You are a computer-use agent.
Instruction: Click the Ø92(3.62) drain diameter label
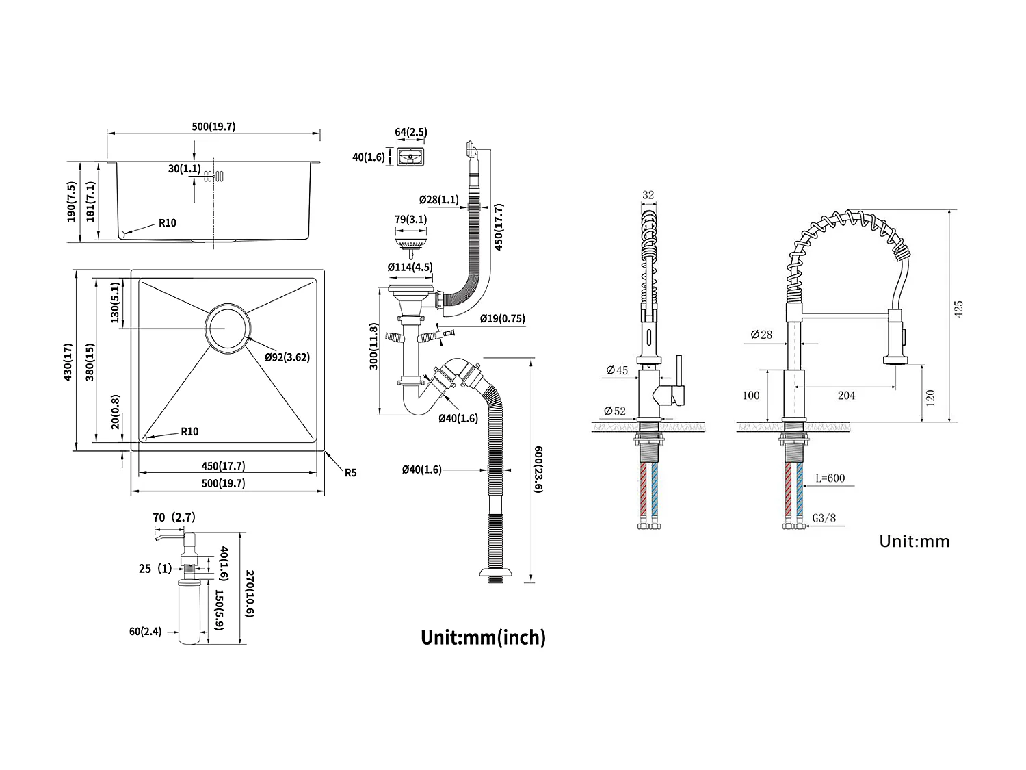pyautogui.click(x=287, y=357)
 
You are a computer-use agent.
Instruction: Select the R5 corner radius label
pyautogui.click(x=350, y=472)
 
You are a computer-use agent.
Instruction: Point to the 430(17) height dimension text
pyautogui.click(x=68, y=361)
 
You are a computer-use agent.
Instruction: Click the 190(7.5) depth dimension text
pyautogui.click(x=71, y=202)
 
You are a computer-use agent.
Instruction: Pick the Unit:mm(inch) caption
pyautogui.click(x=483, y=637)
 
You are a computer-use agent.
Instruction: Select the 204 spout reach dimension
pyautogui.click(x=846, y=395)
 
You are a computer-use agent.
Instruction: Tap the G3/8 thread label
pyautogui.click(x=825, y=518)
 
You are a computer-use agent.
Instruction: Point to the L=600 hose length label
pyautogui.click(x=830, y=478)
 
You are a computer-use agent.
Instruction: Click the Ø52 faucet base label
pyautogui.click(x=614, y=411)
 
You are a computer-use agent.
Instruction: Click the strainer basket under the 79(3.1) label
pyautogui.click(x=410, y=242)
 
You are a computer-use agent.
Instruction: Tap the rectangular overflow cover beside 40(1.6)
pyautogui.click(x=411, y=157)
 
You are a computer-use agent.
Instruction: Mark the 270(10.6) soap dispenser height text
pyautogui.click(x=249, y=594)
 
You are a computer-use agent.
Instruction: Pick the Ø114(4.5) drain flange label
pyautogui.click(x=410, y=267)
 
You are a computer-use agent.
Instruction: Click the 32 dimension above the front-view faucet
pyautogui.click(x=648, y=195)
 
